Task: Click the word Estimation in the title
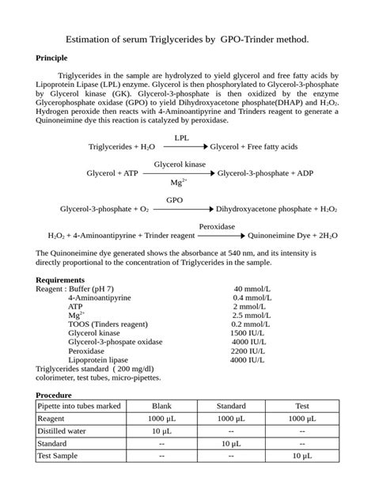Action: coord(90,38)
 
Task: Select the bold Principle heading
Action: coord(52,58)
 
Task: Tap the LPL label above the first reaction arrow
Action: coord(181,138)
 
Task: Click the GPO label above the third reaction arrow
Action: coord(174,200)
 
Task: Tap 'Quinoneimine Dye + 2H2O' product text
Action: coord(293,235)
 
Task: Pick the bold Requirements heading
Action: coord(60,279)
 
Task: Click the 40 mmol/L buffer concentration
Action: coord(249,289)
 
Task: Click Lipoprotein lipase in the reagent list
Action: coord(100,359)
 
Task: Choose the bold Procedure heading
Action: coord(55,395)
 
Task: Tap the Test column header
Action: coord(301,406)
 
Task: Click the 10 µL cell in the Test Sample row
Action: coord(301,456)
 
